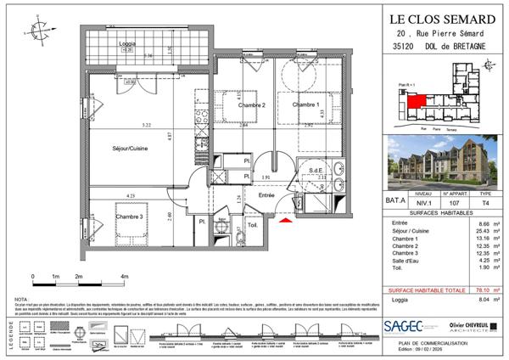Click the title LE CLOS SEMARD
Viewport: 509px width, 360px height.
[x=442, y=18]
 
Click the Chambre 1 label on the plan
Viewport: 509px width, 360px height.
[x=305, y=104]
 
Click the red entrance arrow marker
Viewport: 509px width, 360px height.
[x=286, y=222]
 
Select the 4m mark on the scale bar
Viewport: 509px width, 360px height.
[x=125, y=277]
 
